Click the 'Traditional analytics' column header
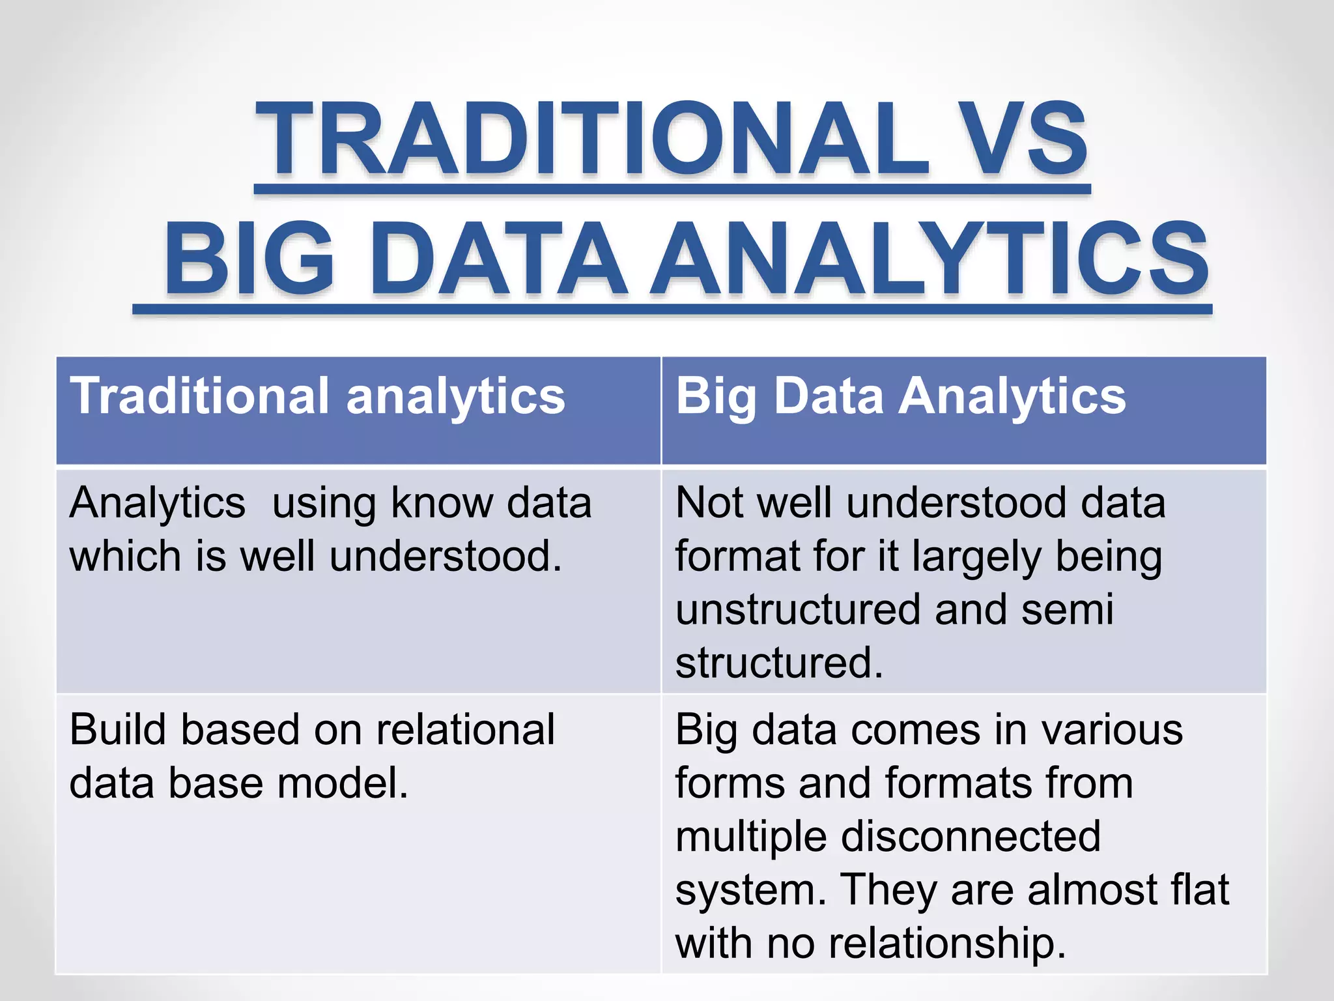317,396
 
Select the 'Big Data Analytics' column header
901,396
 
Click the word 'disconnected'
971,837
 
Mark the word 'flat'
1199,890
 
